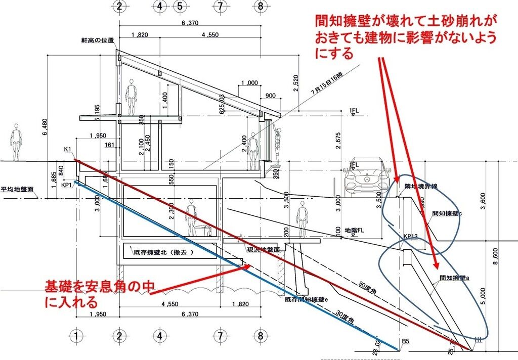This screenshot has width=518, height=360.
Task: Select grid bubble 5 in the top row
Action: coord(179,7)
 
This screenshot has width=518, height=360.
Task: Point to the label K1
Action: coord(68,150)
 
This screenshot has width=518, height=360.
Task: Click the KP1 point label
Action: coord(67,185)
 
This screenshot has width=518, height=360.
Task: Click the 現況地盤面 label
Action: coord(263,249)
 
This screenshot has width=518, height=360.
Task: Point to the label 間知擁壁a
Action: coord(455,277)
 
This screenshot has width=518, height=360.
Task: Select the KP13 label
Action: coord(410,236)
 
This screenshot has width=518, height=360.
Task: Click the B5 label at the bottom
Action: coord(405,341)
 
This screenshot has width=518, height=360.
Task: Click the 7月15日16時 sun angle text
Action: coord(327,84)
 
